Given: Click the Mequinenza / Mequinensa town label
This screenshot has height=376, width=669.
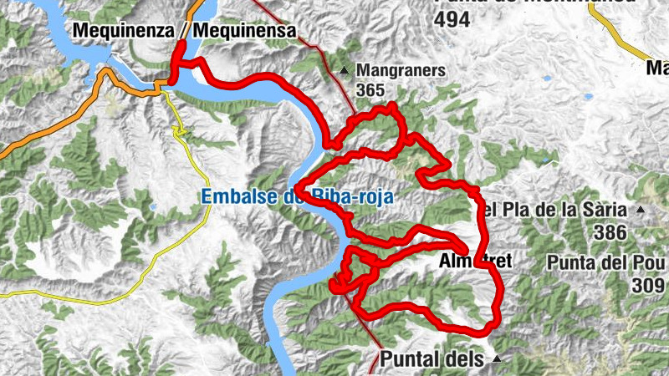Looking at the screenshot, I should click(185, 31).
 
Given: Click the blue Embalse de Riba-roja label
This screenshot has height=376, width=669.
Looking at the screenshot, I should click(296, 197).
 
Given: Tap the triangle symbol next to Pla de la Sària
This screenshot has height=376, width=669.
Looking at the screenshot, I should click(641, 210).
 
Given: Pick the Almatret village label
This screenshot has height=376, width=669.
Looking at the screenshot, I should click(475, 262).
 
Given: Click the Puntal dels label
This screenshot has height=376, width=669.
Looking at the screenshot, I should click(432, 359).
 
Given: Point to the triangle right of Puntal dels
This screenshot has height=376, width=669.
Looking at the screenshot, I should click(498, 359).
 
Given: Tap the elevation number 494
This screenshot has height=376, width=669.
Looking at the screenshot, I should click(452, 20).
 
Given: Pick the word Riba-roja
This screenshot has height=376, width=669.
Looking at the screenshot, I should click(351, 197).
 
